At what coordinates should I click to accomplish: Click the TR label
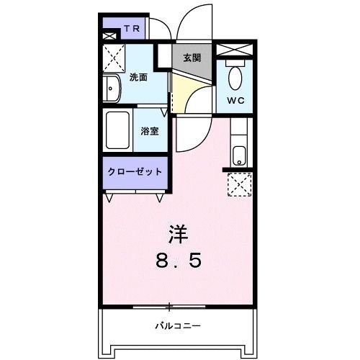tap(131, 30)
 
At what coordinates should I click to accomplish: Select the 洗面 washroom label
tap(138, 77)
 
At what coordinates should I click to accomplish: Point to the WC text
tap(236, 100)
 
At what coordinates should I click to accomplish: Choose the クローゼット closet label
tap(135, 172)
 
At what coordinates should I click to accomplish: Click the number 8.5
tap(177, 259)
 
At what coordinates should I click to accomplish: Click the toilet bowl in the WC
tap(235, 77)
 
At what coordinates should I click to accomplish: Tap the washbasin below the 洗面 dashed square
tap(112, 89)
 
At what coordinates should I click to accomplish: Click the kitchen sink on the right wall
tap(239, 155)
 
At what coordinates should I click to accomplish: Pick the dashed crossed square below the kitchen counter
tap(238, 185)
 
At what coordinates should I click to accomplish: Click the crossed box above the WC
tap(235, 50)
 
